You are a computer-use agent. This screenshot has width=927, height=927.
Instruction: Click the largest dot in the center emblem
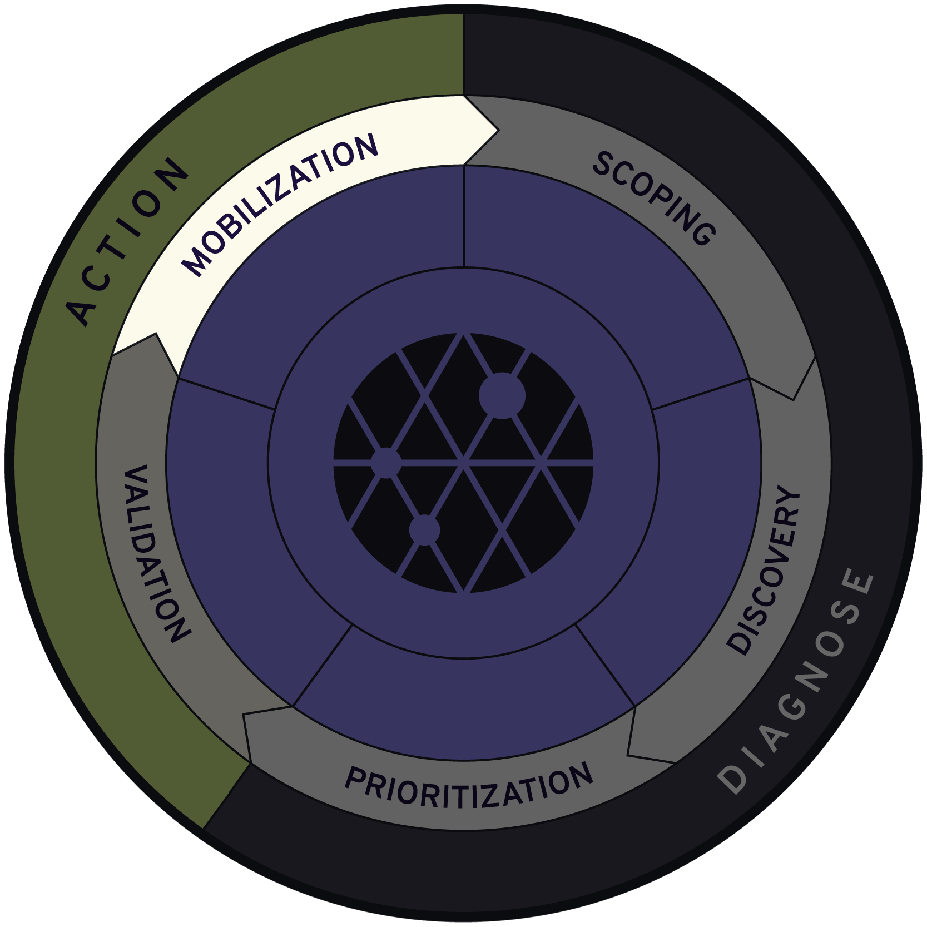(x=502, y=396)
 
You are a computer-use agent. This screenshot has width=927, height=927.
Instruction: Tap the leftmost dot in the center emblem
(x=386, y=462)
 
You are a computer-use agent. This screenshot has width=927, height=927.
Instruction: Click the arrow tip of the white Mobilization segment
(x=498, y=131)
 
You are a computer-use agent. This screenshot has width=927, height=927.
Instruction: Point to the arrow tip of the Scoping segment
(x=794, y=398)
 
